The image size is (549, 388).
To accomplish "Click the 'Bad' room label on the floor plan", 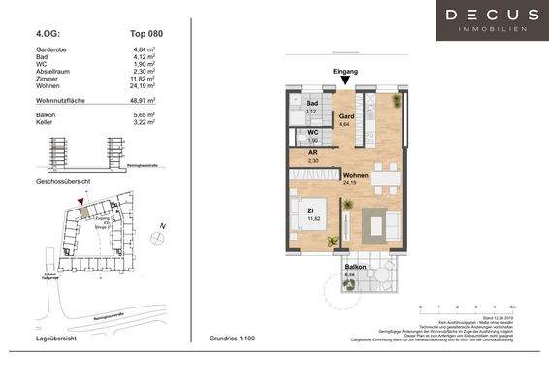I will pos(312,103).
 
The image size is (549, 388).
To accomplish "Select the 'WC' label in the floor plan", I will pos(314,132).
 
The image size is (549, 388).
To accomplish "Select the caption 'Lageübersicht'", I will pos(55,339).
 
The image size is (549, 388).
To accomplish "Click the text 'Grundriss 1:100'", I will pos(237,339).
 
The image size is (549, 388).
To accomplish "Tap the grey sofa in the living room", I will pos(374,225).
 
